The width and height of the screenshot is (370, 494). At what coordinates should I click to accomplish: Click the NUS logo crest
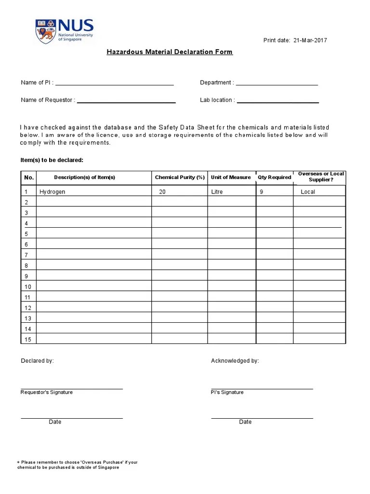click(x=46, y=31)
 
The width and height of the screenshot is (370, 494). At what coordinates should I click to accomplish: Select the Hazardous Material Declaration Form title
click(x=170, y=52)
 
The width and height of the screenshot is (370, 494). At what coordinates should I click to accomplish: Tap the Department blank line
click(x=277, y=84)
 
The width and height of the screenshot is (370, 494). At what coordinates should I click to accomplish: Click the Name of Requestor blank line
click(x=126, y=102)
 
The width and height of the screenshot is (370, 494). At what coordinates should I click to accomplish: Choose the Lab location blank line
click(x=278, y=102)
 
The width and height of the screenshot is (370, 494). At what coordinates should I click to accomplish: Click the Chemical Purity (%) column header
click(x=180, y=178)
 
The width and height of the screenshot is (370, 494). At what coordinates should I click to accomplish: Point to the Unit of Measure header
click(x=231, y=178)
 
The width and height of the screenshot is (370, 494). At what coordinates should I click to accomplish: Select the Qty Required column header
click(x=274, y=178)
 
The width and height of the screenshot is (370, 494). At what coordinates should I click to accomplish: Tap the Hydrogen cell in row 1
click(x=52, y=192)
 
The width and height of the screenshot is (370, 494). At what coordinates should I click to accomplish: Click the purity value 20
click(x=162, y=192)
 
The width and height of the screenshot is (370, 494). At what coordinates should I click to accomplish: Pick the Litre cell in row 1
click(x=217, y=192)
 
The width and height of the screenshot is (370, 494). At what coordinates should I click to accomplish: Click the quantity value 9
click(x=261, y=192)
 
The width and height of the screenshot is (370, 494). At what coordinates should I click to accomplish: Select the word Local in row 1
click(x=307, y=192)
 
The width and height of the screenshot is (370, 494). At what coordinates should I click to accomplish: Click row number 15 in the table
click(x=27, y=340)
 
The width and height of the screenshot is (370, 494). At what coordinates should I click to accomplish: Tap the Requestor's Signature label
click(x=47, y=393)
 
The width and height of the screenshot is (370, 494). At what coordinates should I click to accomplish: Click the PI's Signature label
click(x=227, y=393)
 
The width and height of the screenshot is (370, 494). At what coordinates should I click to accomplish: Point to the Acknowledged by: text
click(x=235, y=361)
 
